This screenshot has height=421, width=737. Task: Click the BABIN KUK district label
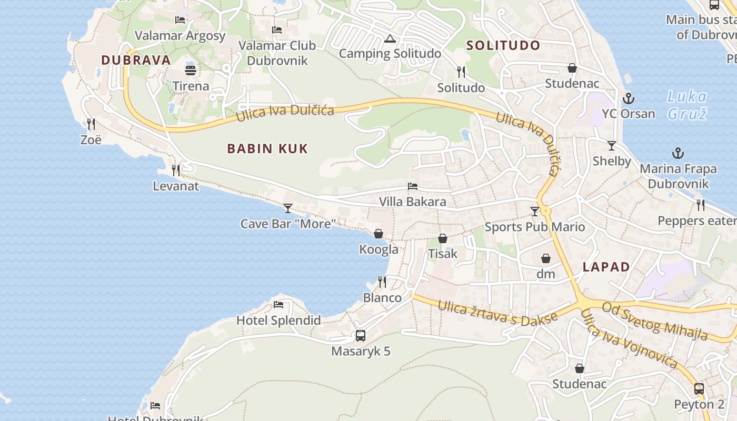point(267,149)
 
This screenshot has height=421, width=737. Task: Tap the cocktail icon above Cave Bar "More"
point(287,208)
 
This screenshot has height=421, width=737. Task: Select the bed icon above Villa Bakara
point(413,186)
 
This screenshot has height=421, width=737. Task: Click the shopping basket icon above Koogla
point(379,234)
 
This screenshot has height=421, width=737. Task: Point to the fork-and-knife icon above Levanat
point(176,171)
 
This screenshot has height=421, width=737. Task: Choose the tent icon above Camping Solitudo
point(390,38)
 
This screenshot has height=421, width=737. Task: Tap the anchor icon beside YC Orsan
point(628,98)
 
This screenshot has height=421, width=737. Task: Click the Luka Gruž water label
point(687,105)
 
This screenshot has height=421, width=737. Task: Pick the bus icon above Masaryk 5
point(361,335)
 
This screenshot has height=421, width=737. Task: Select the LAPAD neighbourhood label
point(606,267)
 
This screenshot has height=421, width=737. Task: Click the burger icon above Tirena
point(191,70)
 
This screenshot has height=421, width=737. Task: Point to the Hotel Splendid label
point(278,320)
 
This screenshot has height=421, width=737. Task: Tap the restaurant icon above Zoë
point(91,124)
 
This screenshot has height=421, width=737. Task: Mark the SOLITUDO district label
point(503,45)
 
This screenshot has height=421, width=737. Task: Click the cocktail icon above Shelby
point(612,146)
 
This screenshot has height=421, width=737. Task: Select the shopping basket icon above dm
point(546,258)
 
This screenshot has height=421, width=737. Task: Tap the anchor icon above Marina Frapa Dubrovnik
point(678,154)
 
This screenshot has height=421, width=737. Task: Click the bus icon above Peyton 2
point(699,389)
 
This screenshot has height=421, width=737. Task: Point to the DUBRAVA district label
point(136,60)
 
